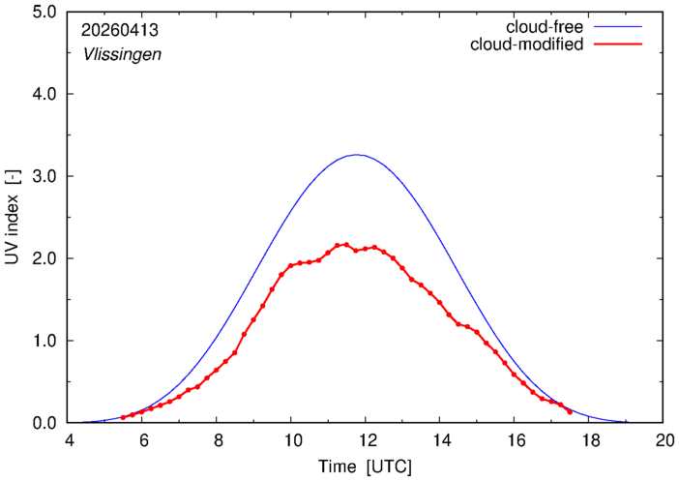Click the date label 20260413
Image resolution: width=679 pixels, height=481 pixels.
point(120,30)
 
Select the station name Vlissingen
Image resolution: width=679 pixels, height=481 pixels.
point(122,54)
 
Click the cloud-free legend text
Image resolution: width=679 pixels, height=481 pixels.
point(545,27)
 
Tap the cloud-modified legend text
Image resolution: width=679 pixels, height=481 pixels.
point(526,45)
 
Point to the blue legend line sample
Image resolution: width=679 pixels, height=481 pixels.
point(618,27)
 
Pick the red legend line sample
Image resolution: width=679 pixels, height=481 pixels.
point(618,45)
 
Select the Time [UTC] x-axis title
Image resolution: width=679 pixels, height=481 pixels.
point(365,467)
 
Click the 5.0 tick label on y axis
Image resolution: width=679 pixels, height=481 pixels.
point(44,12)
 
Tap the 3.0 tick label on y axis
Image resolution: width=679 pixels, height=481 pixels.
point(44,176)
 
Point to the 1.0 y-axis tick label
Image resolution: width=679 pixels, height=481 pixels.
point(44,341)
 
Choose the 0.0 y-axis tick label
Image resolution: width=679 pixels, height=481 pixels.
point(44,423)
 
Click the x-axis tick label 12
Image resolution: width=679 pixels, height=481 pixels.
point(366,441)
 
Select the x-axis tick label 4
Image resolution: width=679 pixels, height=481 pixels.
point(69,441)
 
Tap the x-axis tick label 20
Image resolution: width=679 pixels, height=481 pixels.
point(663,441)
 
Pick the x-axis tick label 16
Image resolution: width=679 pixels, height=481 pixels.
point(515,441)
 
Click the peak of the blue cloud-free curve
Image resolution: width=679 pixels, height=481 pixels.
point(356,155)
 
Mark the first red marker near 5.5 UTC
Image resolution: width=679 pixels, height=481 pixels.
point(123,418)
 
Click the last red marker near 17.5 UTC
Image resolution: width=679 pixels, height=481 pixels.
point(570,412)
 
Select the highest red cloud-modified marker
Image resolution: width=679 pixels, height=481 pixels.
point(346,245)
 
